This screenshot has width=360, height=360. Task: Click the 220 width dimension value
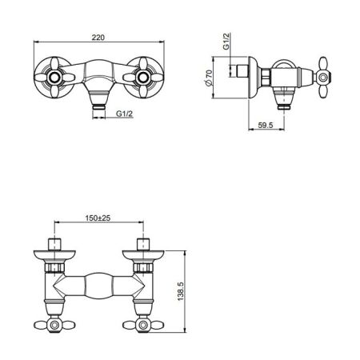(x=98, y=38)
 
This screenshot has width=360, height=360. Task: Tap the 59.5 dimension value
(x=266, y=125)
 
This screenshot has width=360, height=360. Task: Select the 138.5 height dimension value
(x=181, y=291)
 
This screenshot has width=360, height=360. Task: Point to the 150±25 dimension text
(x=98, y=218)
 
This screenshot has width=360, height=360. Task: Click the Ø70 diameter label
(x=209, y=78)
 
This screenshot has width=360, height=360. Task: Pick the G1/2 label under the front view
(x=124, y=114)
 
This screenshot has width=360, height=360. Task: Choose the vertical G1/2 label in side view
(x=226, y=42)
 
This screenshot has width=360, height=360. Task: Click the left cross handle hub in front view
(x=54, y=78)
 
